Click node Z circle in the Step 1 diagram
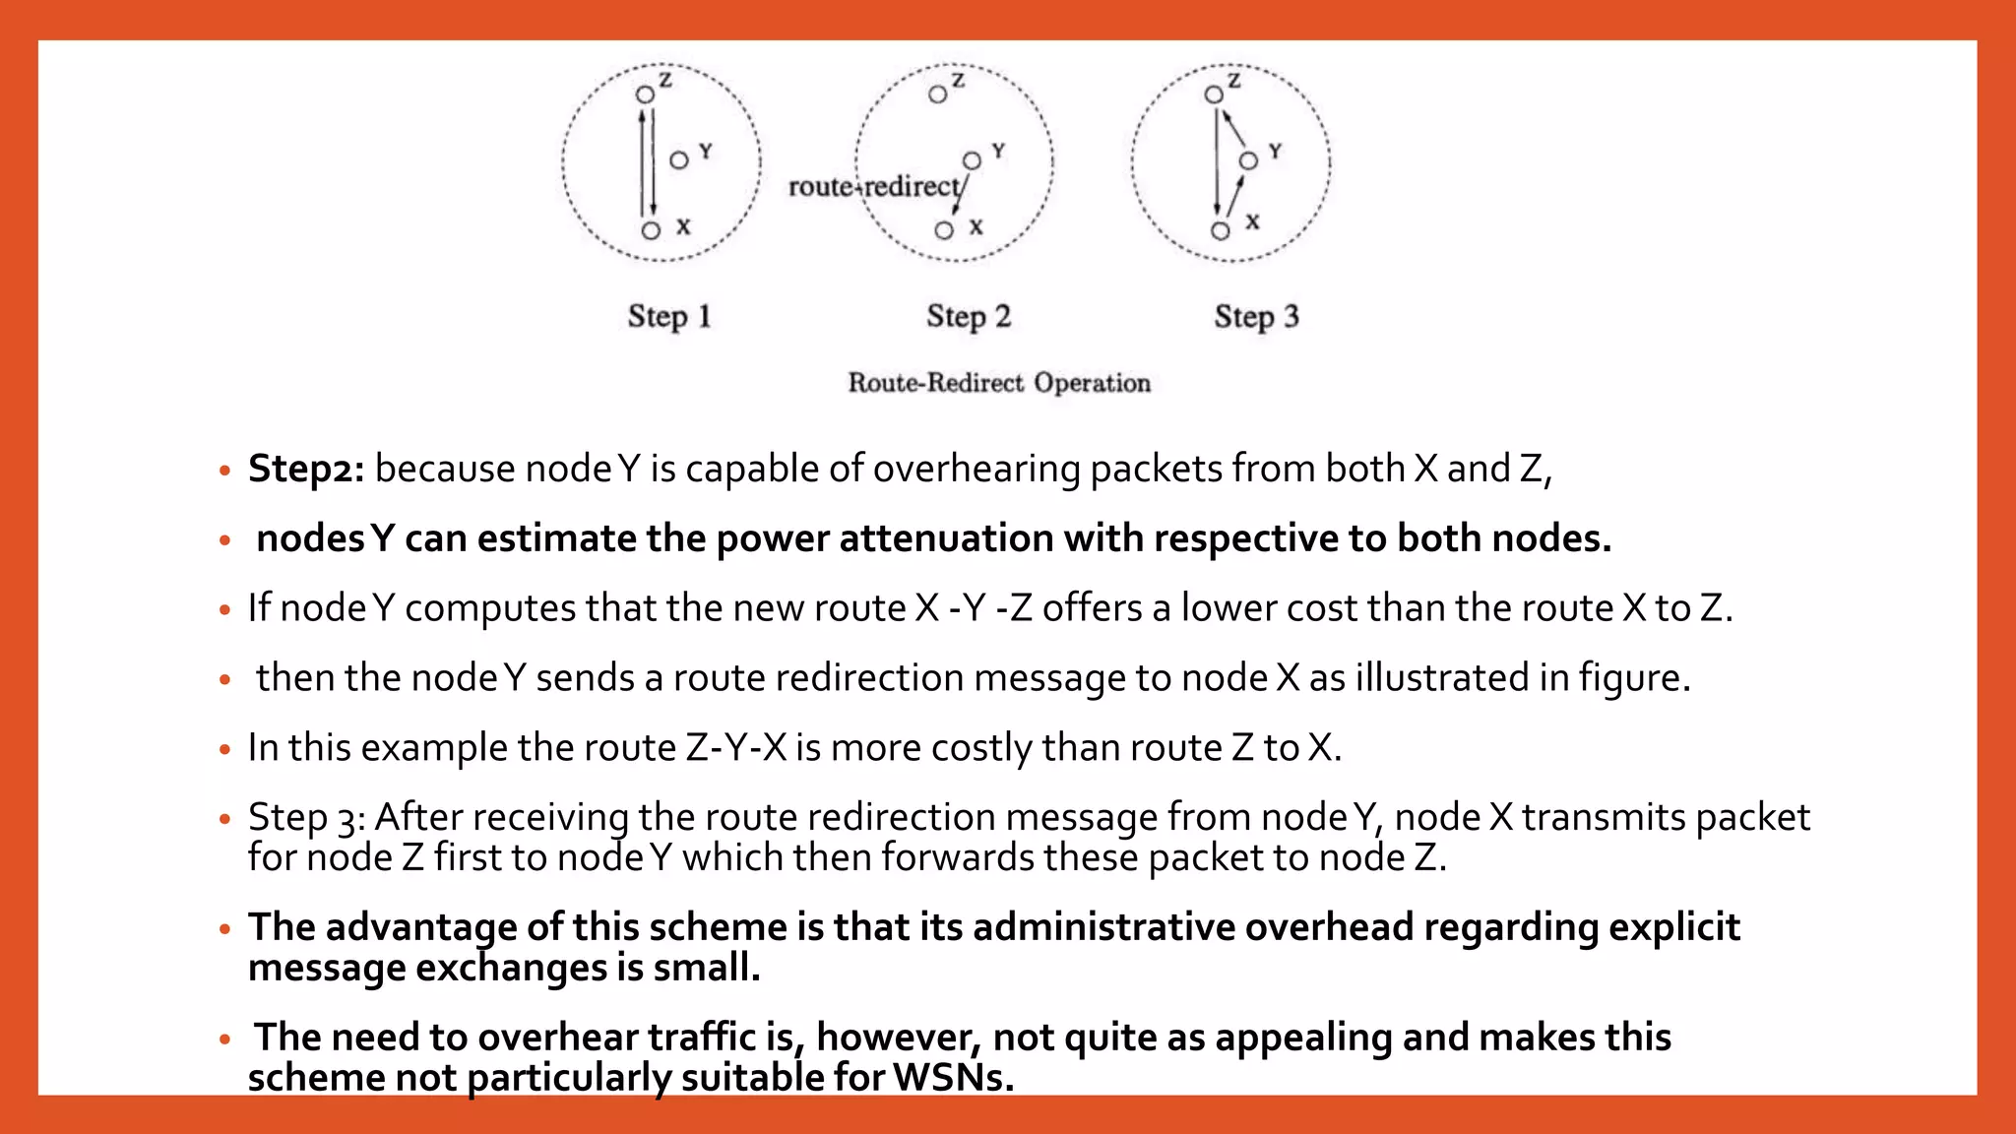[645, 95]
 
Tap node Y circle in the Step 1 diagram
[679, 160]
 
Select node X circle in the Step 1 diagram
[651, 230]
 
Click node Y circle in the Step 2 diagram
[972, 160]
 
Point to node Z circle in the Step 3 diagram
[1214, 94]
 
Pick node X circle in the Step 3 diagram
[1221, 231]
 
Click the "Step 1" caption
[669, 317]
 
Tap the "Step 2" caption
[969, 317]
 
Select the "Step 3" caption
[1256, 317]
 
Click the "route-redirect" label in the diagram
[874, 186]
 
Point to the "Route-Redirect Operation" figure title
[999, 383]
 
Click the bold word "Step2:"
[306, 470]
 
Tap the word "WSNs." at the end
[953, 1078]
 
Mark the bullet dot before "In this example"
[225, 750]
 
